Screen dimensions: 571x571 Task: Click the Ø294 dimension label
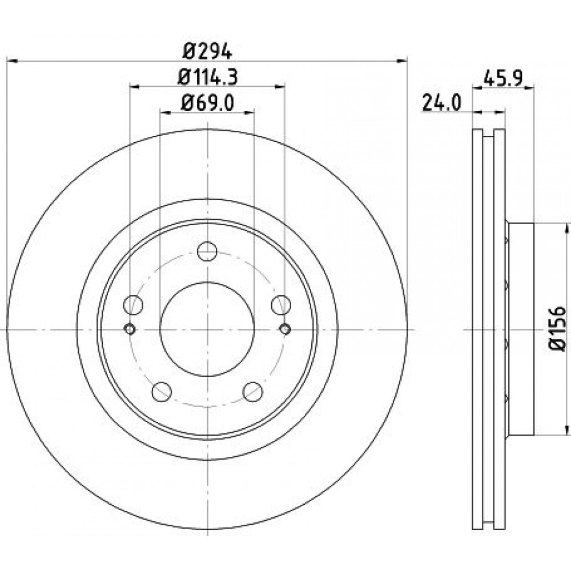point(207,52)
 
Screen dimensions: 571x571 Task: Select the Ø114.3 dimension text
point(208,77)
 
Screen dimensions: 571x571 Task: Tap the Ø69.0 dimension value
point(207,103)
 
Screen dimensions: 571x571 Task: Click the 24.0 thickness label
point(442,102)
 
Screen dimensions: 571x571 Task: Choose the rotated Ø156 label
point(557,329)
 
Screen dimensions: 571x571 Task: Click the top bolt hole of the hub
point(207,251)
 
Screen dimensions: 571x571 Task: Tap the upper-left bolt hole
point(133,305)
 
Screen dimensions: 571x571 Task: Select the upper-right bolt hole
point(281,305)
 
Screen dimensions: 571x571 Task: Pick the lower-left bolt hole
point(162,392)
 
